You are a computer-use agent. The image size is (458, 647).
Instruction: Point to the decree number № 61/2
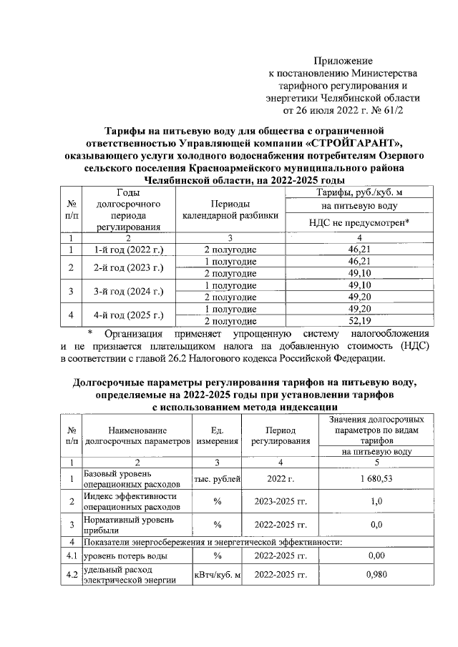(386, 111)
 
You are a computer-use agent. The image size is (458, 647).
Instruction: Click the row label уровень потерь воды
(127, 555)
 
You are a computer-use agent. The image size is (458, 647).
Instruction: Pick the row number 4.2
(72, 575)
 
